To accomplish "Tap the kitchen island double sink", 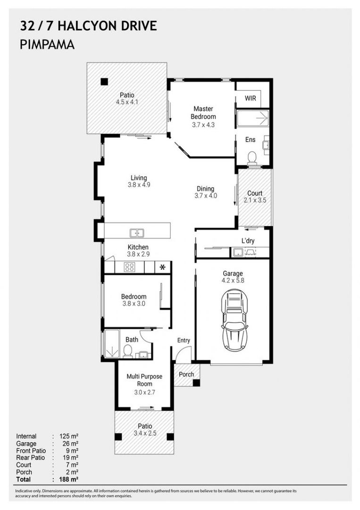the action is pyautogui.click(x=137, y=233).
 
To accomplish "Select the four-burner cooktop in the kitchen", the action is pyautogui.click(x=129, y=267).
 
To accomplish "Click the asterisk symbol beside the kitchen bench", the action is pyautogui.click(x=162, y=267).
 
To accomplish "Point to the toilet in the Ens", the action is pyautogui.click(x=252, y=158).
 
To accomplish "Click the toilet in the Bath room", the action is pyautogui.click(x=128, y=351).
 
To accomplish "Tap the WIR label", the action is pyautogui.click(x=250, y=98).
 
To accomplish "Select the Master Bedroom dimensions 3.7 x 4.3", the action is pyautogui.click(x=203, y=125).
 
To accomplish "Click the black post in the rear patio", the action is pyautogui.click(x=104, y=82).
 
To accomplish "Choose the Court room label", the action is pyautogui.click(x=255, y=193).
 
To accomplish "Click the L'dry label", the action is pyautogui.click(x=248, y=241).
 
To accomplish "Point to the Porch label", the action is pyautogui.click(x=186, y=374).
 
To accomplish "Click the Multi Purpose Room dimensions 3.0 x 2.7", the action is pyautogui.click(x=144, y=392).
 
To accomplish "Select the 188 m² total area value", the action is pyautogui.click(x=69, y=479).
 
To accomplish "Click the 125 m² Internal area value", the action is pyautogui.click(x=69, y=436).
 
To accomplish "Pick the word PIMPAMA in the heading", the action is pyautogui.click(x=47, y=44).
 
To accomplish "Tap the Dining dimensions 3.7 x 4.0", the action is pyautogui.click(x=206, y=195).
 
